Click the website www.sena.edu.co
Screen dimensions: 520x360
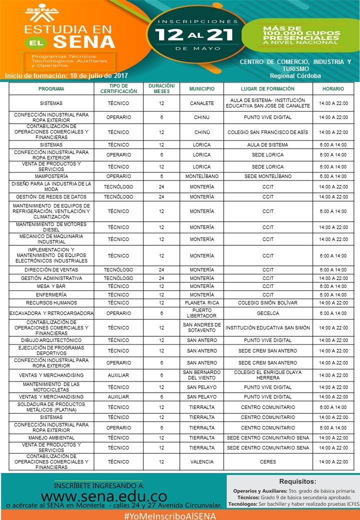[103, 497]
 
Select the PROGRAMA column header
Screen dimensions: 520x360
[51, 88]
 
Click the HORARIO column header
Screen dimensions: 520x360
[333, 88]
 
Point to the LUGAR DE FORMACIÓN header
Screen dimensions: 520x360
[267, 88]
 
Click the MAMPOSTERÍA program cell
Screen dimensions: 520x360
[51, 176]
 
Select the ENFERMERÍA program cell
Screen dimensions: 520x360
[51, 294]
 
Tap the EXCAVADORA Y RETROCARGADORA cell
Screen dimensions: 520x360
[51, 313]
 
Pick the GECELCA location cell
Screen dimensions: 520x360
[267, 313]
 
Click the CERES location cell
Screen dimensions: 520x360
[267, 462]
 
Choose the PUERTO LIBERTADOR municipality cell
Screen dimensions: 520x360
[201, 313]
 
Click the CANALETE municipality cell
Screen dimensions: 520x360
[201, 103]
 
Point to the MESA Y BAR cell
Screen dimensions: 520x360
[51, 286]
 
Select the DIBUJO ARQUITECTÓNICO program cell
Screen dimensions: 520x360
[51, 340]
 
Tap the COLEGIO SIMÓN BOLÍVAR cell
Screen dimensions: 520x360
[267, 302]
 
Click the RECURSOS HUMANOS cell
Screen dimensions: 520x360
[51, 302]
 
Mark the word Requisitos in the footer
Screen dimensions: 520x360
[297, 482]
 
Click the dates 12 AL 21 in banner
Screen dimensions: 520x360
[196, 34]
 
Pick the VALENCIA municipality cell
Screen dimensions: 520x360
[201, 462]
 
